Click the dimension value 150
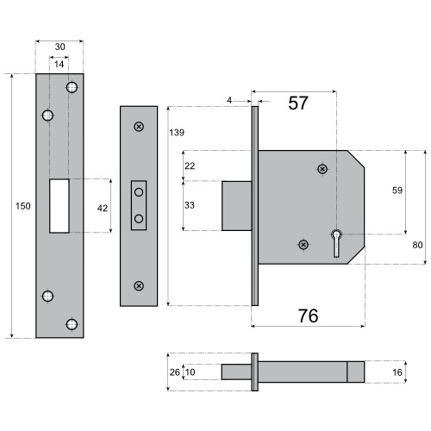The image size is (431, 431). click(x=22, y=206)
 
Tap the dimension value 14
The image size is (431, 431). click(x=59, y=66)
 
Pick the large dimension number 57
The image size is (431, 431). click(x=297, y=103)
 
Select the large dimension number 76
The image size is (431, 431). click(x=307, y=316)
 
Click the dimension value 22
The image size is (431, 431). click(x=191, y=165)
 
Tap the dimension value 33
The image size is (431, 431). click(x=191, y=205)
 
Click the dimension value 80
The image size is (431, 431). click(x=418, y=245)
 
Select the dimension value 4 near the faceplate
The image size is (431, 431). click(x=229, y=101)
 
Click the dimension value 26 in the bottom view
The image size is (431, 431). click(x=175, y=372)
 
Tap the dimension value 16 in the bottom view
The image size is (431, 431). click(x=397, y=372)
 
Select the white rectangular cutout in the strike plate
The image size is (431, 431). click(x=59, y=205)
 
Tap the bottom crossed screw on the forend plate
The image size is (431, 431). click(x=138, y=285)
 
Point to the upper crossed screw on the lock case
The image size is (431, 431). click(x=322, y=169)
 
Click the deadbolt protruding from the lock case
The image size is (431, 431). click(x=235, y=205)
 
